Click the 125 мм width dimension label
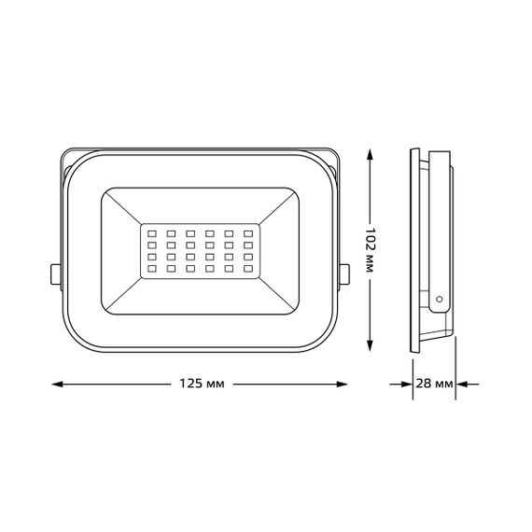click(201, 385)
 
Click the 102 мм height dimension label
click(371, 250)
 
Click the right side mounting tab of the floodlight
click(345, 273)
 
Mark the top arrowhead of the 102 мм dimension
click(371, 152)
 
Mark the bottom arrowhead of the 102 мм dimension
click(371, 349)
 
